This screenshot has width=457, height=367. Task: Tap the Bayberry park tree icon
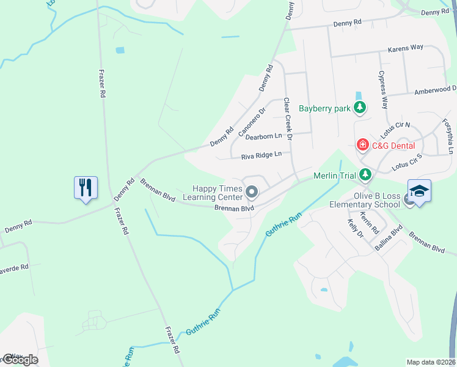(360, 109)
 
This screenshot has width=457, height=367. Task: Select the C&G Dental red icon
(363, 146)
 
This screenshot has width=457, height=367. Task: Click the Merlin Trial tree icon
(365, 176)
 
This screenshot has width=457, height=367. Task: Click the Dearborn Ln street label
(263, 136)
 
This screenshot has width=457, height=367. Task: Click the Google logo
(20, 360)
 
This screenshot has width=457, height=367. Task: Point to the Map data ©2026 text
(431, 362)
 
